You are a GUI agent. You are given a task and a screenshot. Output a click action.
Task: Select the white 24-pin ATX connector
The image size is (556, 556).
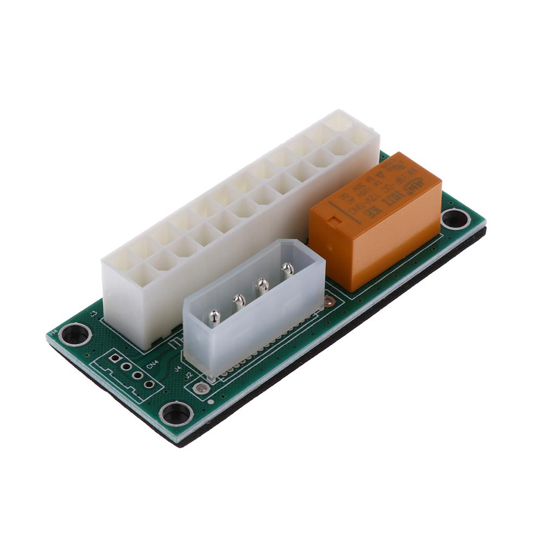[239, 217]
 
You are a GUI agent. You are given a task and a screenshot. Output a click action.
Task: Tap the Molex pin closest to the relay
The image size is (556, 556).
[287, 269]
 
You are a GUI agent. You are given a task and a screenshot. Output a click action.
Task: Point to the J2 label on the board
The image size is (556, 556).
[188, 375]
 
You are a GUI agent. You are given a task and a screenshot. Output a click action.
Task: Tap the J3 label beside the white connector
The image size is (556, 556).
[93, 314]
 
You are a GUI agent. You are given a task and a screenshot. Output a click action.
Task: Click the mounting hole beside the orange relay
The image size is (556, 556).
[456, 219]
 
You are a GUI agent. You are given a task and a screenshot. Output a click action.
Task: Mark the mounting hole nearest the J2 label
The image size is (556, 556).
[176, 414]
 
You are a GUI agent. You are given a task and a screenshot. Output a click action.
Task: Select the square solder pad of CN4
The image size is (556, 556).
[115, 358]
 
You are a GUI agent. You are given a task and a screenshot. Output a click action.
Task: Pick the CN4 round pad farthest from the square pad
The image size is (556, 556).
[149, 384]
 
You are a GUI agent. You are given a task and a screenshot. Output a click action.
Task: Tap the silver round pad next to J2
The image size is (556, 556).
[201, 388]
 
